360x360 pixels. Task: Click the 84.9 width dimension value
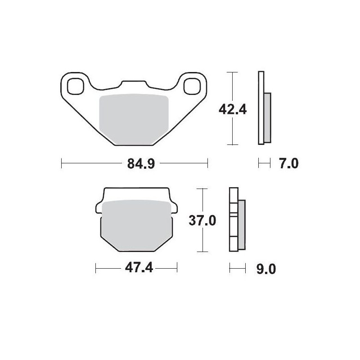135,164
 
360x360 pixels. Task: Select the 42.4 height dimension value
232,108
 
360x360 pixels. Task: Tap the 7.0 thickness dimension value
288,163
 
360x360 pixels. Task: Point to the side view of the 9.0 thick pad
237,220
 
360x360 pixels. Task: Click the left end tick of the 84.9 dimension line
61,163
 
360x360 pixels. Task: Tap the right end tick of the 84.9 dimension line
207,163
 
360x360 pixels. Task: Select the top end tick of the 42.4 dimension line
231,72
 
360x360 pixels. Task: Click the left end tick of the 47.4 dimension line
96,268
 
